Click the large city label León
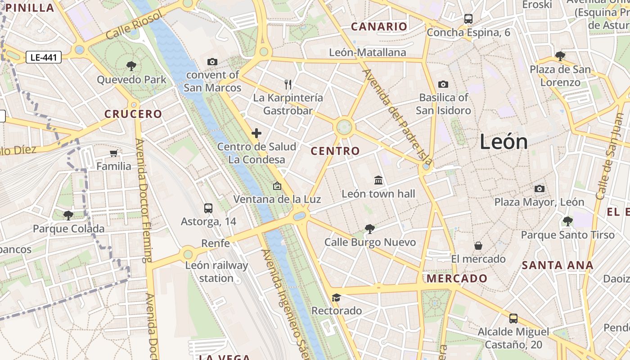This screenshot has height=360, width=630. coord(504,142)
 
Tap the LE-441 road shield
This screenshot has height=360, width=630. coord(44,57)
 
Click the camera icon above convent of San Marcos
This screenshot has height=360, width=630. coord(212,62)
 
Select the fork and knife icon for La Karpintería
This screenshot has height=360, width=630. coord(288,84)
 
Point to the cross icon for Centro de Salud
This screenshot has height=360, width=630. coord(256,133)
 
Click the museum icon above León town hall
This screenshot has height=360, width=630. coord(378,180)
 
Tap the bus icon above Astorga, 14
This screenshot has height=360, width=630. coord(208,208)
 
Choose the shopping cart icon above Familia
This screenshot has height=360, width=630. coord(114,153)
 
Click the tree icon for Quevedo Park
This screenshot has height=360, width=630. coord(131,66)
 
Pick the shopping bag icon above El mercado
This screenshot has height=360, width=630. coord(478,246)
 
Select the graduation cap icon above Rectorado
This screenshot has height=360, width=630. coord(336,297)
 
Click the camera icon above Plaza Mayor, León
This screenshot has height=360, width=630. coord(539,189)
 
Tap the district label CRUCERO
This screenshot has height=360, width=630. coord(133,114)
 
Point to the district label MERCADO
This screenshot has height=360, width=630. coord(457,279)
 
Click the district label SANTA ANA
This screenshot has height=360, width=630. coord(558,265)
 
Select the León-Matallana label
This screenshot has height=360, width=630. coord(367,53)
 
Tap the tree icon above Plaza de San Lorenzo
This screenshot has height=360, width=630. coord(560,56)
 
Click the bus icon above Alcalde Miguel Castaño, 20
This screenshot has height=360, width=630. coord(513,319)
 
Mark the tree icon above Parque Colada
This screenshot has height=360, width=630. coord(68,215)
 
